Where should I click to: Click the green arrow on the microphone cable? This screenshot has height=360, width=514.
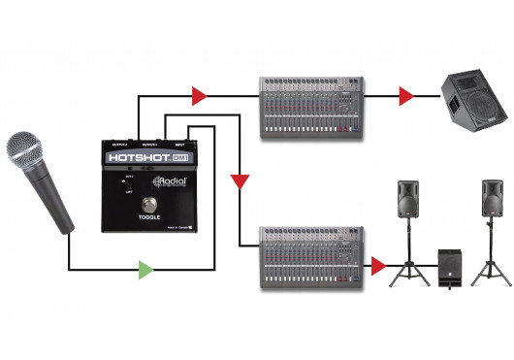[x=145, y=269]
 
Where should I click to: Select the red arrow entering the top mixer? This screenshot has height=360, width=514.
[x=199, y=95]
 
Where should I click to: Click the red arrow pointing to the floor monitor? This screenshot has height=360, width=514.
[x=405, y=95]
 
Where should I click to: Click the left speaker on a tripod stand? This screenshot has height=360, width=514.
[x=408, y=203]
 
